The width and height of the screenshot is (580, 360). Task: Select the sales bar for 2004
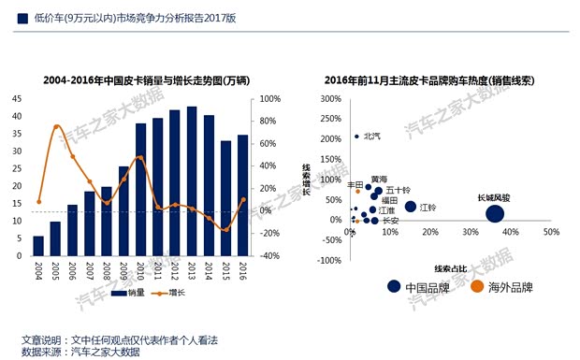coord(38,245)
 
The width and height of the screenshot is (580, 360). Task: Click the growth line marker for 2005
coord(56,126)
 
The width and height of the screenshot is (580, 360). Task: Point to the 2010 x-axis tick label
coord(140,271)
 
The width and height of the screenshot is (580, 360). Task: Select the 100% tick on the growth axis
coord(269,99)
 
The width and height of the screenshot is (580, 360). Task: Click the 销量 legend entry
coord(132,294)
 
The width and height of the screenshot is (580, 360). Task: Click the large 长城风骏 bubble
coord(496,214)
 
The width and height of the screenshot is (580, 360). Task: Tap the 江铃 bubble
coord(410,207)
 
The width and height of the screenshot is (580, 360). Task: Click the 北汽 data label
coord(371,136)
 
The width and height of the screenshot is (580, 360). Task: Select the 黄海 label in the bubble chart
coord(378,178)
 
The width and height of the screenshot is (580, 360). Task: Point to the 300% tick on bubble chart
coord(330,99)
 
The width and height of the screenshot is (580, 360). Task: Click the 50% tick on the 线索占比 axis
coord(551,231)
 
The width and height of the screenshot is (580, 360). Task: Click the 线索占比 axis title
coord(451,268)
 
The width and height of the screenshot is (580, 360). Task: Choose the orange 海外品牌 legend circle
coord(477,287)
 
